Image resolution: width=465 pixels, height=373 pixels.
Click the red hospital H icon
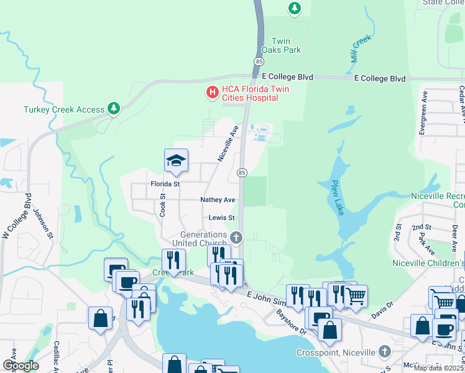pos(213,93)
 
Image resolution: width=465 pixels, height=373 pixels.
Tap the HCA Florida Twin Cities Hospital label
pos(252,93)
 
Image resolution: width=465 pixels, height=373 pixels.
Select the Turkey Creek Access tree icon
pos(113,109)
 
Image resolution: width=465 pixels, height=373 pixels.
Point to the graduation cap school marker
pos(176,161)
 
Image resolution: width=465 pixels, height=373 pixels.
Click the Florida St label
pos(165,184)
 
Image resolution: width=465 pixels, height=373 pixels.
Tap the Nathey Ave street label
pos(218,200)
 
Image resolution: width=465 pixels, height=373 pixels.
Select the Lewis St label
pos(221,218)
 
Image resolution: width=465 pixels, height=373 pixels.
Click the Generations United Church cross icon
pos(236,237)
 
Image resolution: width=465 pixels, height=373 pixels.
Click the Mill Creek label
pos(361,47)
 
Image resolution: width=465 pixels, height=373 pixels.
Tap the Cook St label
pos(163,204)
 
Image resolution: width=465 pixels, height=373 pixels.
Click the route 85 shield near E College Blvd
pos(258,61)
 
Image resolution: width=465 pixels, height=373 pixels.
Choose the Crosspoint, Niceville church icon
pos(385,351)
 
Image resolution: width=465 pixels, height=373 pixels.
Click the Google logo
pos(21,366)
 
